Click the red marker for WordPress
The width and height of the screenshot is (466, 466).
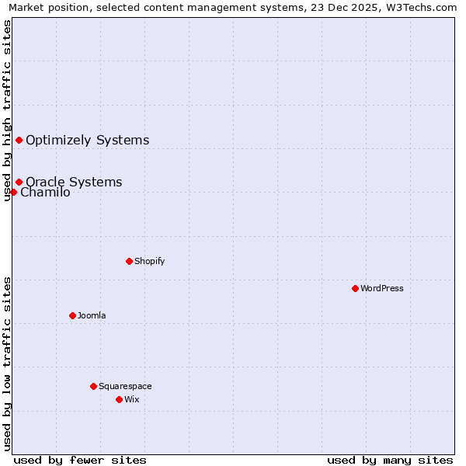coord(355,288)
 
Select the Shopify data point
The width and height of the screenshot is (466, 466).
coord(129,261)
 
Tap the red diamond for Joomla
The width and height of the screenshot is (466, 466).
coord(72,315)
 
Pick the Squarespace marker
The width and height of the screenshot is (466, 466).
coord(93,386)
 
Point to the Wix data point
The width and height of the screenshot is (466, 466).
coord(119,399)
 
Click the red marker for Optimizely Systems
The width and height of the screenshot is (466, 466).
coord(19,140)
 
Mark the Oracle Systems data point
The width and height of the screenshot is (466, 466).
coord(19,182)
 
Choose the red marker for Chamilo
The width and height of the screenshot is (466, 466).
coord(13,192)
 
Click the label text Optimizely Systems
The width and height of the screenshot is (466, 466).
coord(87,141)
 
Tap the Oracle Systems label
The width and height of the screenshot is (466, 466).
coord(74,183)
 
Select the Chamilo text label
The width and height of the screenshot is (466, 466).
coord(46,193)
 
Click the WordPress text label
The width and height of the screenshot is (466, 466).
coord(382,288)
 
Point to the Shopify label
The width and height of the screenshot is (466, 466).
coord(149,261)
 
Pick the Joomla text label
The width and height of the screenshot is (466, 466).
coord(92,315)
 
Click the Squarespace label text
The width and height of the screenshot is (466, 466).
coord(125,386)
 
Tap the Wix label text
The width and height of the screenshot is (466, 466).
coord(132,399)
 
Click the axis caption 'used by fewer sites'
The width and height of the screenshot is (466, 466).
coord(80,460)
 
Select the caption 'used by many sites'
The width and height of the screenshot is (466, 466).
coord(390,460)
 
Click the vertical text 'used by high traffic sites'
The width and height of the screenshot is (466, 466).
coord(7,110)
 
